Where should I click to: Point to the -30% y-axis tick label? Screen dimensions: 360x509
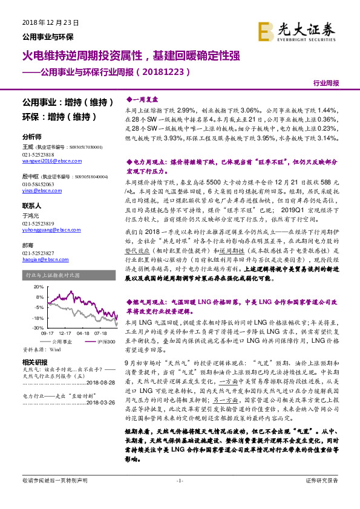pos(37,327)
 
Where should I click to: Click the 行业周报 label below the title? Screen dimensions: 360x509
pos(327,82)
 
